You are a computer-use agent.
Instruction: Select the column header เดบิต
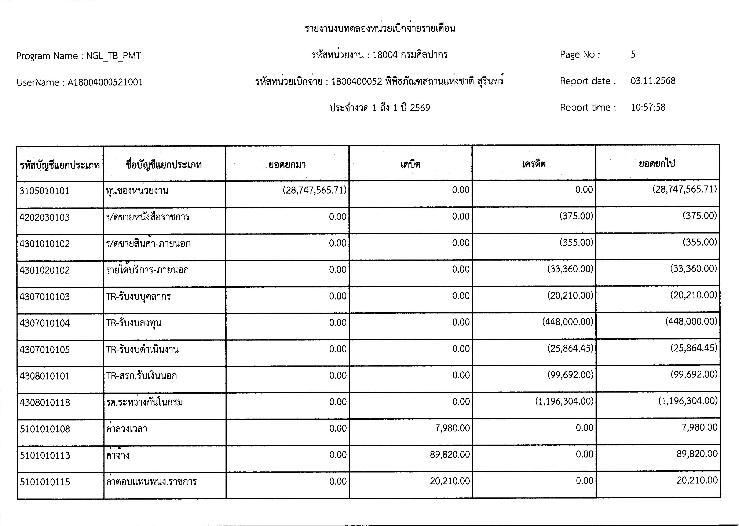coord(410,164)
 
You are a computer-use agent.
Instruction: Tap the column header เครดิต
coord(534,164)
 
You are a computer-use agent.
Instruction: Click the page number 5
coord(633,54)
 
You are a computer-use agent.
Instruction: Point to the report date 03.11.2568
coord(653,81)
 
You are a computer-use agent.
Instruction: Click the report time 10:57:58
coord(648,107)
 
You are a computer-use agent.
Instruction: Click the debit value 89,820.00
coord(450,455)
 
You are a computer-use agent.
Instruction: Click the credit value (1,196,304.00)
coord(564,402)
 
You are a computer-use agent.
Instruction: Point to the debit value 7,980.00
coord(452,428)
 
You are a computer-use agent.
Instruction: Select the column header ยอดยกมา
coord(287,165)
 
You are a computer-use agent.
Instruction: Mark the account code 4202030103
coord(44,217)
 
